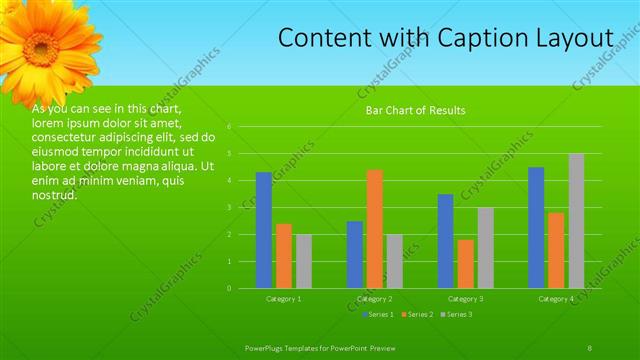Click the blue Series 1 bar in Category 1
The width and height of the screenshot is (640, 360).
click(x=264, y=230)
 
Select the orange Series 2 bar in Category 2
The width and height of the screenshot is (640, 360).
click(x=374, y=229)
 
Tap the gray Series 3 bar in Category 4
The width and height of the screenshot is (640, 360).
click(x=576, y=221)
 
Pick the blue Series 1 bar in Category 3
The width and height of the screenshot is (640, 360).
click(x=445, y=241)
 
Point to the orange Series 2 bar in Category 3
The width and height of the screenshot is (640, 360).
click(x=465, y=264)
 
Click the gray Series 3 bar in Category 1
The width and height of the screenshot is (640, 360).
click(x=304, y=261)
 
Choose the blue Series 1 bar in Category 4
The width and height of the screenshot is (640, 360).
click(x=536, y=227)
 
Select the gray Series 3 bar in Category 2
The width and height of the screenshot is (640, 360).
click(x=394, y=261)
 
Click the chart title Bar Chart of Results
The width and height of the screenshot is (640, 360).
click(x=414, y=110)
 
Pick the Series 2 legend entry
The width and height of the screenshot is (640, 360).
click(x=416, y=315)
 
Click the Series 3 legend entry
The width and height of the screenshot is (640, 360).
click(x=457, y=315)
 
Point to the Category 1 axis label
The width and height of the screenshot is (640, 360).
click(x=284, y=299)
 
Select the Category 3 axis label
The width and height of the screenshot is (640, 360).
click(x=465, y=299)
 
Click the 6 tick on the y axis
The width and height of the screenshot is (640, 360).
click(x=230, y=127)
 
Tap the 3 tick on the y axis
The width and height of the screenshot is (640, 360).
click(x=230, y=207)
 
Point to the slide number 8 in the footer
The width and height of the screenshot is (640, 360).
click(x=590, y=347)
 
